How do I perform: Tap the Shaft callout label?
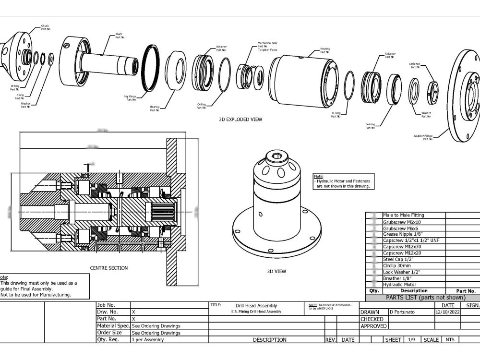point(119,35)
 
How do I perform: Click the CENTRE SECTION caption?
point(109,268)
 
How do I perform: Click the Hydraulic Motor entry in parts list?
point(399,285)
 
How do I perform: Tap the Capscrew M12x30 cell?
point(401,247)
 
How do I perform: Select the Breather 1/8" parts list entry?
point(397,278)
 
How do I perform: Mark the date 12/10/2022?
point(447,312)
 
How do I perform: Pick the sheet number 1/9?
point(411,340)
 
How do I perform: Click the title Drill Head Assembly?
point(256,306)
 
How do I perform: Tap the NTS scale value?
point(450,340)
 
